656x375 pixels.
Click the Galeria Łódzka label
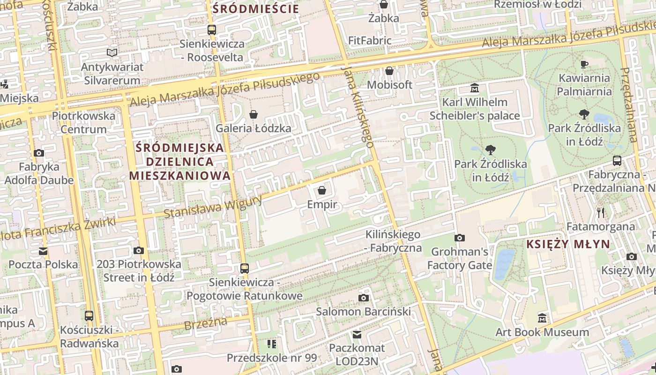253,128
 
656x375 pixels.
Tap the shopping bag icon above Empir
322,190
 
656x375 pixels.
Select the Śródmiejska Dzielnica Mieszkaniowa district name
180,162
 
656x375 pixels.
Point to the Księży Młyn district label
568,244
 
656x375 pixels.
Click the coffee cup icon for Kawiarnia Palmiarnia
584,64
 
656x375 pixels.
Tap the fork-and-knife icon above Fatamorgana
601,213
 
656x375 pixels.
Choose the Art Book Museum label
542,332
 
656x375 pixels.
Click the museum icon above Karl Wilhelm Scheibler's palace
475,88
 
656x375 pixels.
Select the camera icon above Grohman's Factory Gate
460,238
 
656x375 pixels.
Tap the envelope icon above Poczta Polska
43,251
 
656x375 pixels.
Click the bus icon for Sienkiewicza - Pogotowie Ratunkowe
245,269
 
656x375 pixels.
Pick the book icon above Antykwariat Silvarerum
112,52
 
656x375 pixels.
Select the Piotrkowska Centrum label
83,122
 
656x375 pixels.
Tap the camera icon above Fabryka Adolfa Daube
39,153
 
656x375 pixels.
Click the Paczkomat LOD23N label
357,355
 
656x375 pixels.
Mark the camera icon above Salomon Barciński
363,298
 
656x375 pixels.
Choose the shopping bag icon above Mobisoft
389,71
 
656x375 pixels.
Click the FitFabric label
370,41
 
